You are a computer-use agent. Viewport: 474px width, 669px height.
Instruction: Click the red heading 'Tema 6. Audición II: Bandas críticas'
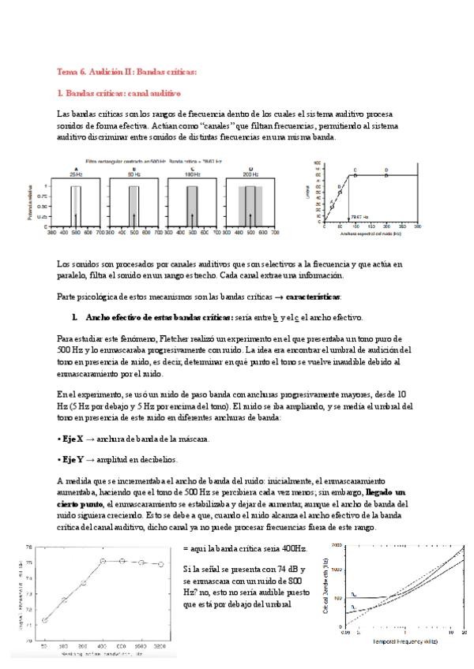pos(126,72)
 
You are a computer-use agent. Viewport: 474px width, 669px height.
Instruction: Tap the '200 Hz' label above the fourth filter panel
pos(250,172)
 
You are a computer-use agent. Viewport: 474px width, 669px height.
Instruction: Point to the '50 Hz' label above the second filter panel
pos(134,172)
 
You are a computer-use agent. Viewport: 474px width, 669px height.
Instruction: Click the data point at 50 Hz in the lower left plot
pos(44,619)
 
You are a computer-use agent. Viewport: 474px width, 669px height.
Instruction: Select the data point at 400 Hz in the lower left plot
pos(103,561)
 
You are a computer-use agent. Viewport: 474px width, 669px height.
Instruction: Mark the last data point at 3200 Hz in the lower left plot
pos(161,564)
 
